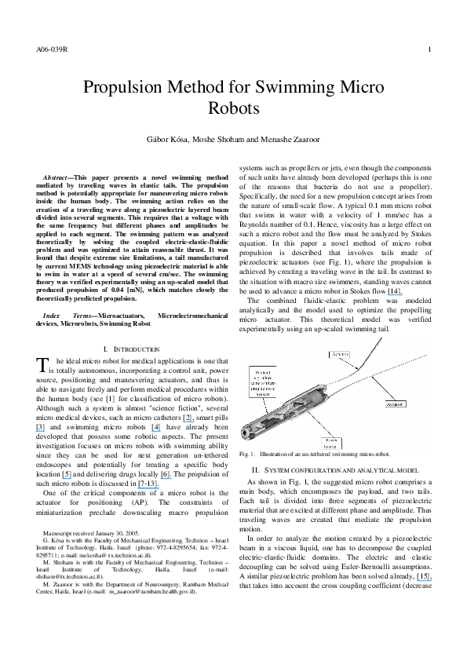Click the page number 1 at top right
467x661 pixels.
pyautogui.click(x=429, y=51)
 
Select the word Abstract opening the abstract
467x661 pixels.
pyautogui.click(x=58, y=168)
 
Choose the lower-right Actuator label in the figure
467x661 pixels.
pyautogui.click(x=395, y=404)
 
